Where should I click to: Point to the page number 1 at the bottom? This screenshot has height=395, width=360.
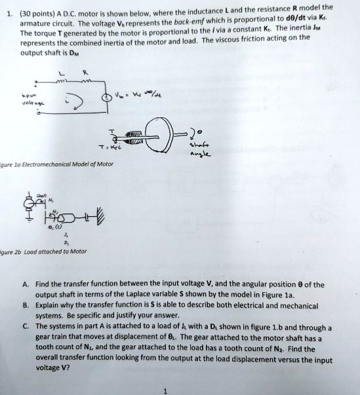[166, 390]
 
